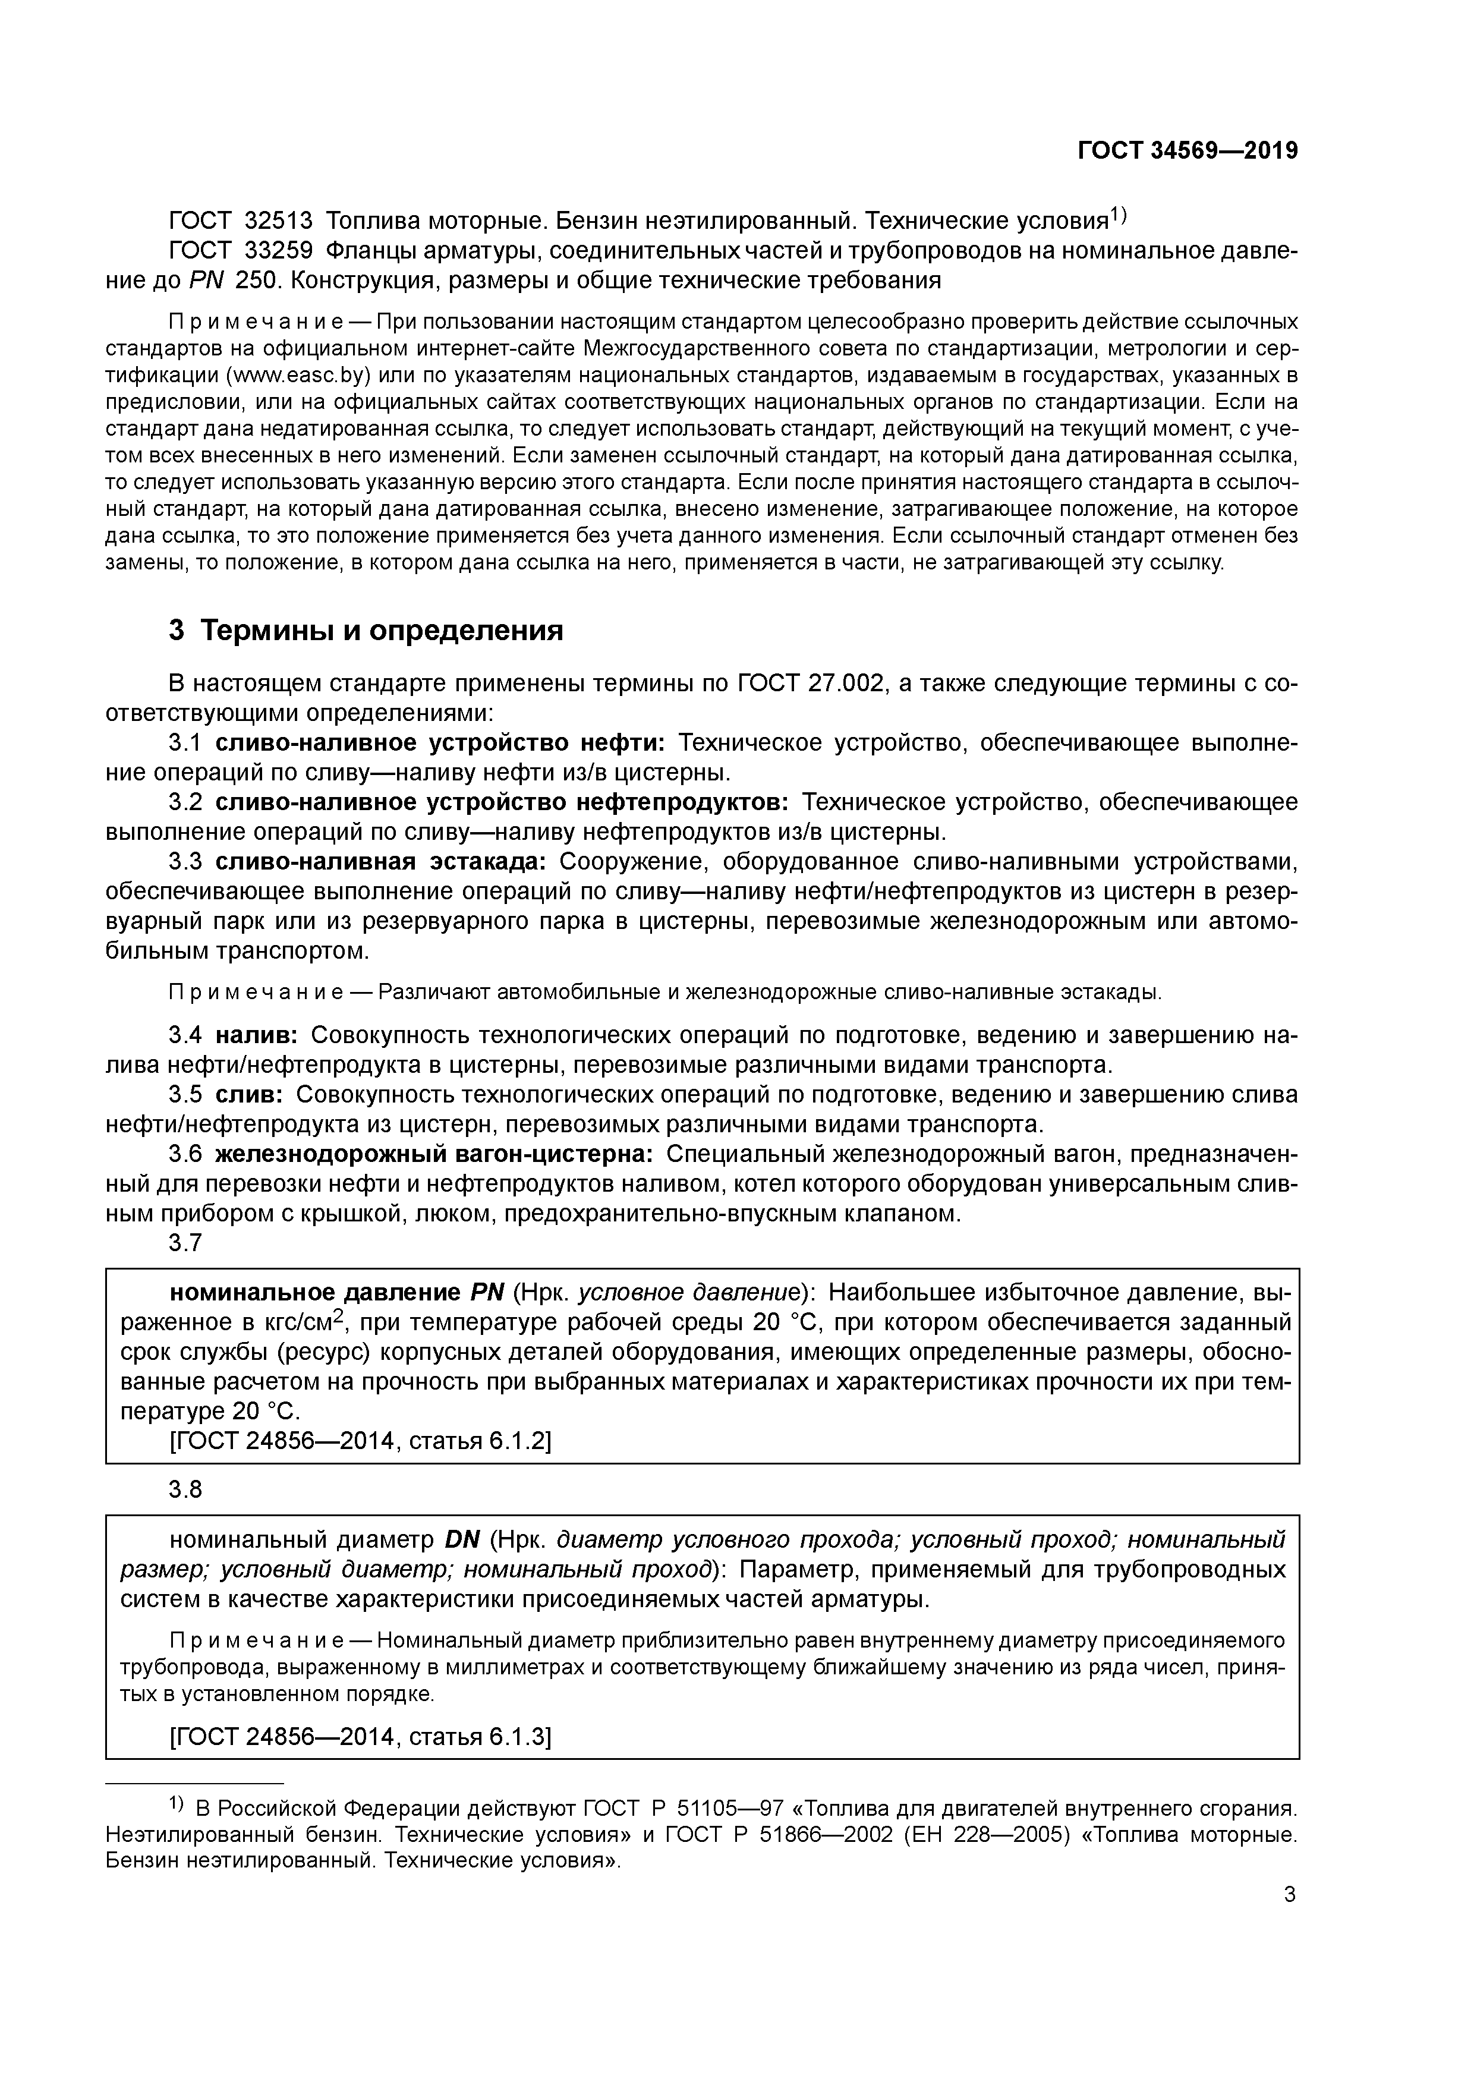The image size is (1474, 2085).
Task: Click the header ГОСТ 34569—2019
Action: pyautogui.click(x=1187, y=151)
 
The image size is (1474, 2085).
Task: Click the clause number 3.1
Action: pyautogui.click(x=184, y=743)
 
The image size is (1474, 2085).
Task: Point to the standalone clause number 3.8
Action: pyautogui.click(x=184, y=1489)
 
